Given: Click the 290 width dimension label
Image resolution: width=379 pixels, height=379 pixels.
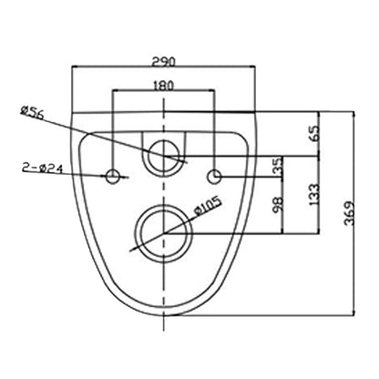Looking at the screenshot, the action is (164, 62).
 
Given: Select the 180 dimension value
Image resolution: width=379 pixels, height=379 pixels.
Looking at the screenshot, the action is (164, 86).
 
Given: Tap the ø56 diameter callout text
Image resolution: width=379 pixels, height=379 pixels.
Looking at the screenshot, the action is (32, 111).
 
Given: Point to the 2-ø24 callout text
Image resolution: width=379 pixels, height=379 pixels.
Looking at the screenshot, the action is (42, 168).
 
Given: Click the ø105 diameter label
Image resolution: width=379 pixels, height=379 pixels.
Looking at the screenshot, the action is (208, 206).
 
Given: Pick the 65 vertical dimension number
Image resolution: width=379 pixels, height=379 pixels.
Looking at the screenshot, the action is (315, 133).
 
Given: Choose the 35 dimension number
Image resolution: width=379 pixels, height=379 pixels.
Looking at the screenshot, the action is (278, 167).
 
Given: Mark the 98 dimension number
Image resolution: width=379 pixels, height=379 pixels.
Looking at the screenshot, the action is (279, 204).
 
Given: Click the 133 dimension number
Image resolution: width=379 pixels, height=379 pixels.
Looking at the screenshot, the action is (315, 194).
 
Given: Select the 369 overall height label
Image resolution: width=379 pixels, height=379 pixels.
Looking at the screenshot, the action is (350, 213).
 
